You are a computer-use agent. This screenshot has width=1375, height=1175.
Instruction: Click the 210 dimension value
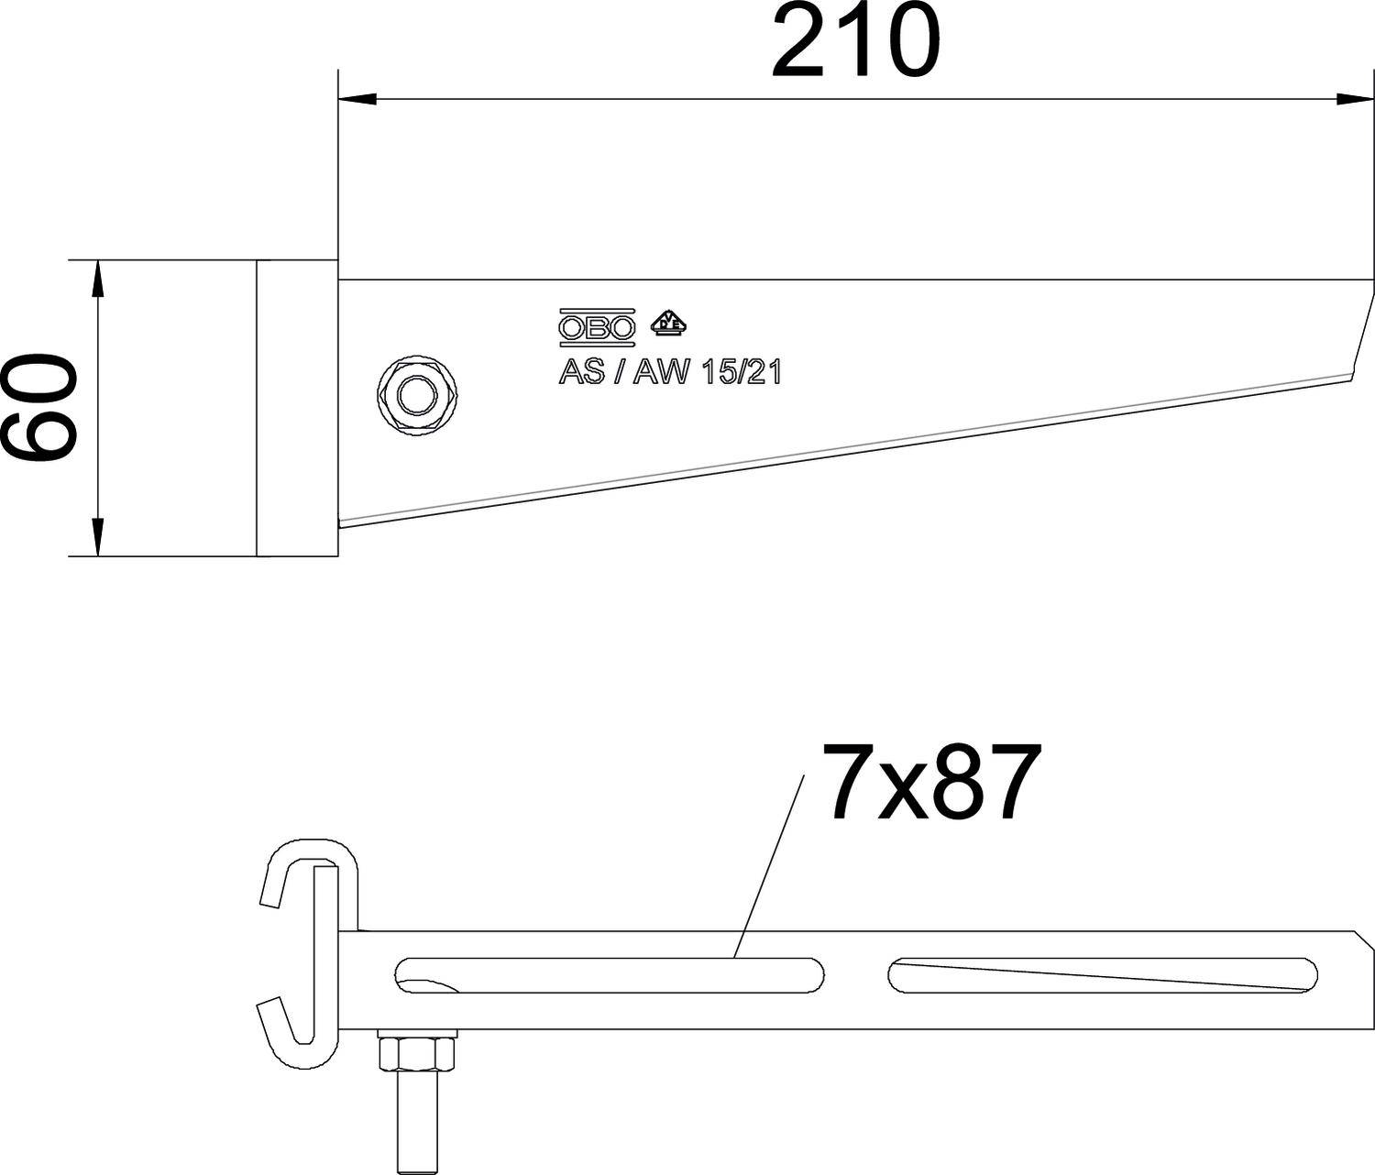854,41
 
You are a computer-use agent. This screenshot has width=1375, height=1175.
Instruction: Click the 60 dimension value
38,408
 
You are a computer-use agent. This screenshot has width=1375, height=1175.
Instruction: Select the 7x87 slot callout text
931,781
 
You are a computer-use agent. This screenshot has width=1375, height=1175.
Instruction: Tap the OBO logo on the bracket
597,327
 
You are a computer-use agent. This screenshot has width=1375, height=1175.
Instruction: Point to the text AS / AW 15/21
669,372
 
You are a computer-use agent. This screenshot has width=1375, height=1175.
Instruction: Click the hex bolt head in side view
417,395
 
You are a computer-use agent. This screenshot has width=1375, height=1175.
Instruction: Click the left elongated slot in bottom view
610,975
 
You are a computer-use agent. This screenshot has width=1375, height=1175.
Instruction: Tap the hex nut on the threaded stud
417,1056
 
